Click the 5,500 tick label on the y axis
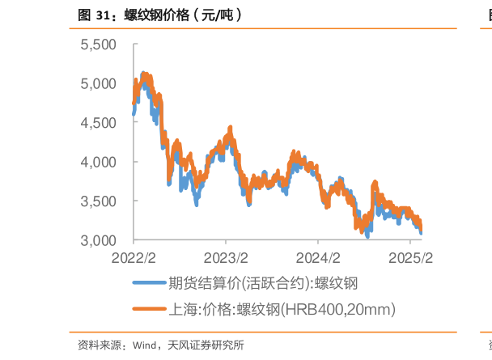(x=99, y=44)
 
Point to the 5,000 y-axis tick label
(x=99, y=83)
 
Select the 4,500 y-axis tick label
(x=99, y=123)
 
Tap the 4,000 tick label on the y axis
(x=99, y=162)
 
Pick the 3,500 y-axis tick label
(x=99, y=201)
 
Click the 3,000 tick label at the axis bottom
(x=99, y=240)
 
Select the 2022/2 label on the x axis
(x=134, y=258)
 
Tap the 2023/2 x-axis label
(x=227, y=258)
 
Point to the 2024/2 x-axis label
(x=319, y=258)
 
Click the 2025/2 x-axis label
(x=411, y=258)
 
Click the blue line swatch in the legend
(x=149, y=283)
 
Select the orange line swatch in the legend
(x=149, y=309)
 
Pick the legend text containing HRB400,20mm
(x=281, y=309)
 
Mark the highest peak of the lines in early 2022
(x=143, y=72)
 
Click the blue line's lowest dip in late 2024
(x=367, y=237)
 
